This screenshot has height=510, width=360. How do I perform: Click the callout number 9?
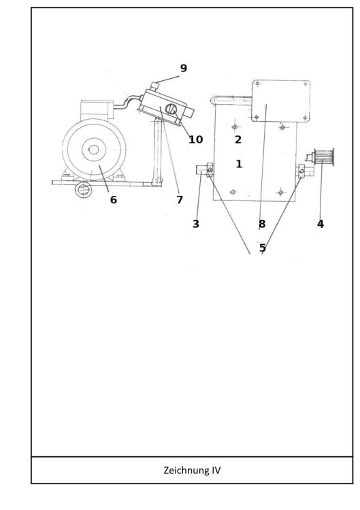click(184, 68)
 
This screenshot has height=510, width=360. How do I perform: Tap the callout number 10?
click(195, 139)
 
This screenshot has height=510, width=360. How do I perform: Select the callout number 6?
click(113, 200)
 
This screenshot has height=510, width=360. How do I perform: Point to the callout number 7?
click(180, 200)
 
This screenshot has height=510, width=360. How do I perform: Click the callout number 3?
click(195, 224)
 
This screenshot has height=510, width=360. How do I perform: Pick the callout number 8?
click(262, 224)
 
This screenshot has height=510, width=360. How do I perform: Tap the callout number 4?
click(321, 224)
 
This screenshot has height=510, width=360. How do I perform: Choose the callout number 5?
click(263, 248)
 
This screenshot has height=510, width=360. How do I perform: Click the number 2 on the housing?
click(238, 139)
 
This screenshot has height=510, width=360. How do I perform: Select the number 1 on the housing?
click(239, 164)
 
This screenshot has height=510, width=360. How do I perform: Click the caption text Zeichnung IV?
click(192, 471)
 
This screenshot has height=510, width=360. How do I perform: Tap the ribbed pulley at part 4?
click(324, 158)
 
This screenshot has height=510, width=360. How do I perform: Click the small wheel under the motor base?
click(84, 190)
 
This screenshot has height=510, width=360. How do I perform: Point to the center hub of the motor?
click(94, 150)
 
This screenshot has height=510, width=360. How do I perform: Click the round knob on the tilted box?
click(171, 109)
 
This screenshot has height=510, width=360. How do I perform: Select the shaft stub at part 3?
click(201, 170)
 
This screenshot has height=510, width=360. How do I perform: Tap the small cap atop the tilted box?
click(154, 86)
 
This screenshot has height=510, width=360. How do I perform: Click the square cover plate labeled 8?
click(280, 101)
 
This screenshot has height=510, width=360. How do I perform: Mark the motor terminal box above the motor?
click(97, 110)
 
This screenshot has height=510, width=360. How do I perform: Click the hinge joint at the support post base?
click(157, 181)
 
